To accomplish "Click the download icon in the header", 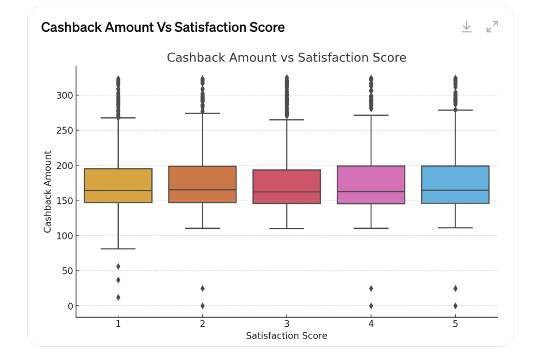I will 466,27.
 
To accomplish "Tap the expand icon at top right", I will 492,27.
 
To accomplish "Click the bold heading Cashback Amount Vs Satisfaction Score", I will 163,27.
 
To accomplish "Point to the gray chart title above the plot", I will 286,57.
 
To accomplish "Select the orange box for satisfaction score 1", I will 118,185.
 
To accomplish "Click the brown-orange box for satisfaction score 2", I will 202,184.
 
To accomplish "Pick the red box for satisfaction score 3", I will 287,186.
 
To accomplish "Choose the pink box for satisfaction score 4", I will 371,185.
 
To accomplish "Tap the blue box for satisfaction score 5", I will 455,184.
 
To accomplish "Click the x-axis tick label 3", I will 287,324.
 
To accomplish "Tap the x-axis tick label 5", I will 455,324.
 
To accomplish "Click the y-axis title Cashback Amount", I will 48,192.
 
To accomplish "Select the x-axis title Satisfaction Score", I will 286,336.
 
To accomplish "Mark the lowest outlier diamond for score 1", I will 118,297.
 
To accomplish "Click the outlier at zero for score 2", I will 202,306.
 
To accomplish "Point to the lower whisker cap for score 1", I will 118,249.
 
